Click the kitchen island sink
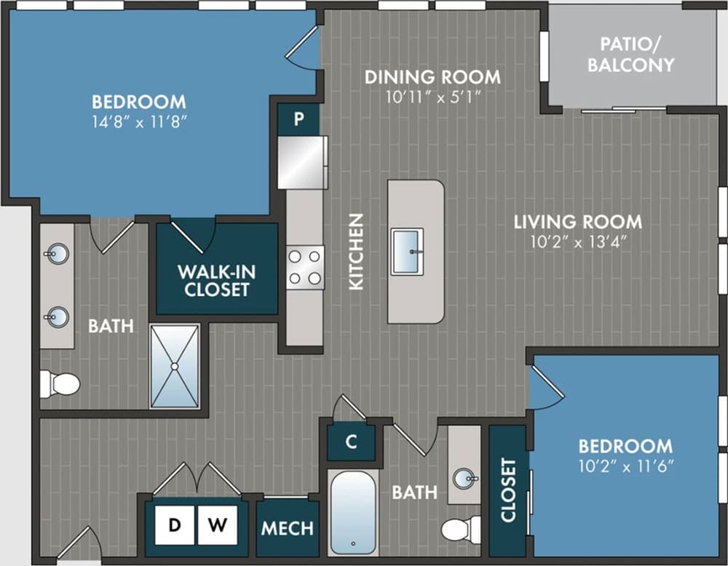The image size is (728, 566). [x=407, y=252]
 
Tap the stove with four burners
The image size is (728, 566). [x=305, y=267]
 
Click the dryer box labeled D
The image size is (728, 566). [x=175, y=525]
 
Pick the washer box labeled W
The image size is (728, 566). [x=217, y=525]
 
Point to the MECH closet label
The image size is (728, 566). [x=288, y=528]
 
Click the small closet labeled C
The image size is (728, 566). [x=351, y=442]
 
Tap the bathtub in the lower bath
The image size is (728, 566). [x=353, y=511]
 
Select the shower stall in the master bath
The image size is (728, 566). [x=175, y=366]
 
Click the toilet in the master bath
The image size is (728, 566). [x=59, y=383]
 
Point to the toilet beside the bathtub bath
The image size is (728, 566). [x=461, y=529]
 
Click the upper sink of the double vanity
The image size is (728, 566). [x=58, y=254]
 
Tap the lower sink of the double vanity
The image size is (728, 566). [x=58, y=317]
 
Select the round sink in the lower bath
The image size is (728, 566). [x=464, y=478]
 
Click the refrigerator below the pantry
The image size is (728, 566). [x=302, y=162]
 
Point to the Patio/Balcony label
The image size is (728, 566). [x=630, y=54]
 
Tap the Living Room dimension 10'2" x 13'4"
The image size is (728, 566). [x=578, y=242]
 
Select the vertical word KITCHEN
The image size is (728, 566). [x=356, y=252]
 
